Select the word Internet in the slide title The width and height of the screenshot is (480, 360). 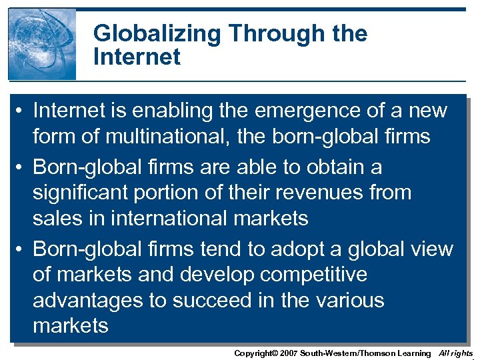(x=137, y=57)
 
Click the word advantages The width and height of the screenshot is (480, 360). (x=88, y=300)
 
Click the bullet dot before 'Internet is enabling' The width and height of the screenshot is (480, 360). (x=22, y=111)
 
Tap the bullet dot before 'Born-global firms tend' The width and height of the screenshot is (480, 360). (x=22, y=250)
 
